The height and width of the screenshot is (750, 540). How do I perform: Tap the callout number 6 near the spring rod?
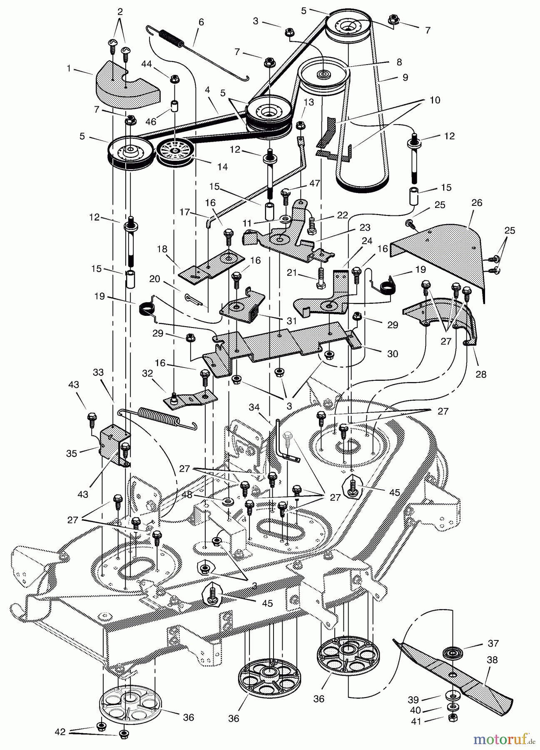(x=202, y=22)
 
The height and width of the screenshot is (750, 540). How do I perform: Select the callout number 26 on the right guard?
(x=477, y=203)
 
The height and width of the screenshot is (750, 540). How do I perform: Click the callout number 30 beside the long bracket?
(x=392, y=354)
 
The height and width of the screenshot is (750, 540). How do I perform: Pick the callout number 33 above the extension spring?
(x=98, y=372)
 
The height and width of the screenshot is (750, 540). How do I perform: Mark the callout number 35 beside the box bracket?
(x=72, y=453)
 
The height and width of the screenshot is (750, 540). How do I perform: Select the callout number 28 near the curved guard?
(x=481, y=375)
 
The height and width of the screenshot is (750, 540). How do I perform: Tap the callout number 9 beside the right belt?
(x=403, y=77)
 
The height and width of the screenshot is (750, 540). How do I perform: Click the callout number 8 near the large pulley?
(x=399, y=62)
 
